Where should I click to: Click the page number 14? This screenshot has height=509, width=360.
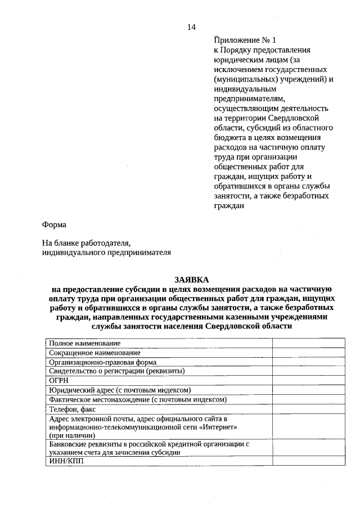[191, 27]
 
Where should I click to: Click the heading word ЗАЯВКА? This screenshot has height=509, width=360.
[191, 280]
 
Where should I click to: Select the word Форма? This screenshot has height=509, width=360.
[54, 225]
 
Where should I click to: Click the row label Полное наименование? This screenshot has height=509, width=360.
[84, 343]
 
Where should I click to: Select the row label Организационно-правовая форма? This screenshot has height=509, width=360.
[102, 363]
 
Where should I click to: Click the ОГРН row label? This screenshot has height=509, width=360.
[58, 381]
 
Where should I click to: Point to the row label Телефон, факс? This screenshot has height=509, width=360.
[73, 409]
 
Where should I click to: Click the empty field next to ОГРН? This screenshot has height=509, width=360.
[308, 381]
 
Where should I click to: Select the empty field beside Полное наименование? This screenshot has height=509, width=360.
[308, 343]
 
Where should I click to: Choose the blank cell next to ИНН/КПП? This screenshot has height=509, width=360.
[308, 462]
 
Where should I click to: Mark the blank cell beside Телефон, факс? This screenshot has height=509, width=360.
[308, 409]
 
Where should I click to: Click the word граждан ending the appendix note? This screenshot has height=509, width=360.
[229, 206]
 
